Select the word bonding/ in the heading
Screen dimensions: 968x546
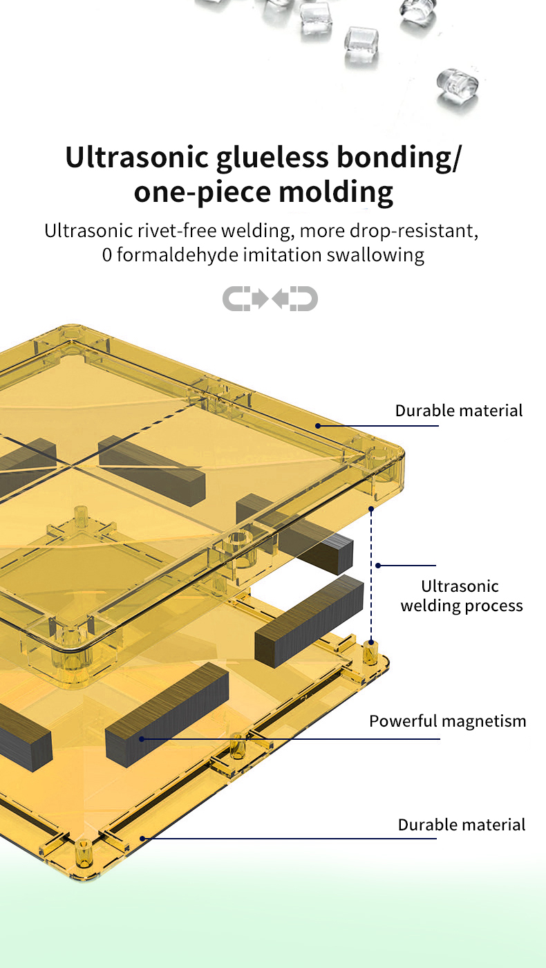click(398, 158)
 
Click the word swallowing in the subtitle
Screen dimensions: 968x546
click(375, 255)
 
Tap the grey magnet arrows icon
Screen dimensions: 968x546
click(270, 299)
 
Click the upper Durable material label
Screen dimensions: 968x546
click(459, 411)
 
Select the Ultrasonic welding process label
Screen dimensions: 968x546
click(462, 596)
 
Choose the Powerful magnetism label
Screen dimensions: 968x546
click(447, 721)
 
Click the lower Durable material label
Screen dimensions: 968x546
click(462, 825)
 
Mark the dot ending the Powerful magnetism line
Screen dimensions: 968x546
click(141, 739)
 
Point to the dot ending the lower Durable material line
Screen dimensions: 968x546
click(142, 839)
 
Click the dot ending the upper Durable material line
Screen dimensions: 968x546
click(319, 425)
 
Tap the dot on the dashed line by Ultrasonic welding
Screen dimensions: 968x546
click(378, 566)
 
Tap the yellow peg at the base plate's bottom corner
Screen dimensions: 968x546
click(84, 855)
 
